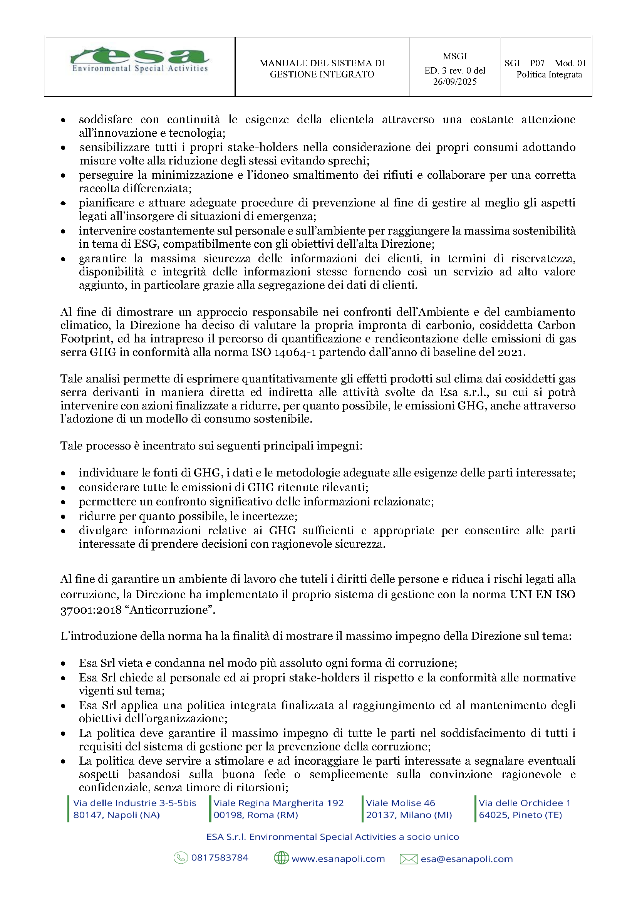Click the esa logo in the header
[x=140, y=60]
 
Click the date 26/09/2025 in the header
[x=454, y=82]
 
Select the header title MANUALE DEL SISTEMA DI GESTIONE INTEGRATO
[x=322, y=69]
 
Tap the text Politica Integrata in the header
[x=549, y=75]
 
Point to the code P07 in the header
[x=536, y=63]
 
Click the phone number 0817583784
[x=220, y=858]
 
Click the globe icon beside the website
[x=281, y=858]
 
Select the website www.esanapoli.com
[x=338, y=859]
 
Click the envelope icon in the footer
[x=408, y=859]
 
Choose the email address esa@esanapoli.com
[x=466, y=859]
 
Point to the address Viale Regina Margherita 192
[x=278, y=803]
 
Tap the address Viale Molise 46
[x=400, y=803]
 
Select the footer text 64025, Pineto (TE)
[x=520, y=815]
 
